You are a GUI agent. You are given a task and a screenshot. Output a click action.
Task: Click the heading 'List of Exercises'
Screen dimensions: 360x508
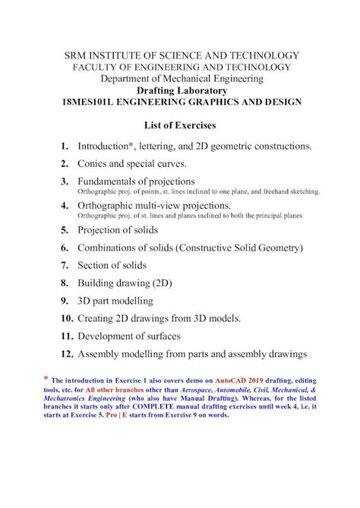pyautogui.click(x=180, y=124)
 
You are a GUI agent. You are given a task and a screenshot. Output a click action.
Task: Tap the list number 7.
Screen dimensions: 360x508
pyautogui.click(x=66, y=266)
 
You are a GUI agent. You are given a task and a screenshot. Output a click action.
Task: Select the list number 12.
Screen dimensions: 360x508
pyautogui.click(x=64, y=353)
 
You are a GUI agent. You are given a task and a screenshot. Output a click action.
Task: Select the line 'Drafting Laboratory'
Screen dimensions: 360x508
pyautogui.click(x=180, y=90)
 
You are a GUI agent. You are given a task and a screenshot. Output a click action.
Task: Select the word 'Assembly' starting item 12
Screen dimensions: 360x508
pyautogui.click(x=99, y=353)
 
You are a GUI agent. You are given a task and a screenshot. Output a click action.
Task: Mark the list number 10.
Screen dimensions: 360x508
pyautogui.click(x=64, y=317)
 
